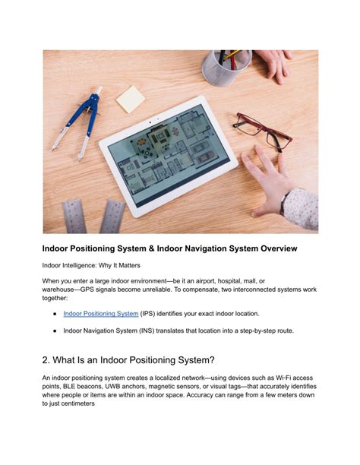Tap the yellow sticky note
click(130, 99)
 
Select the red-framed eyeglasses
click(262, 131)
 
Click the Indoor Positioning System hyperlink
click(100, 313)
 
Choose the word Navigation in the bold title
click(194, 248)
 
